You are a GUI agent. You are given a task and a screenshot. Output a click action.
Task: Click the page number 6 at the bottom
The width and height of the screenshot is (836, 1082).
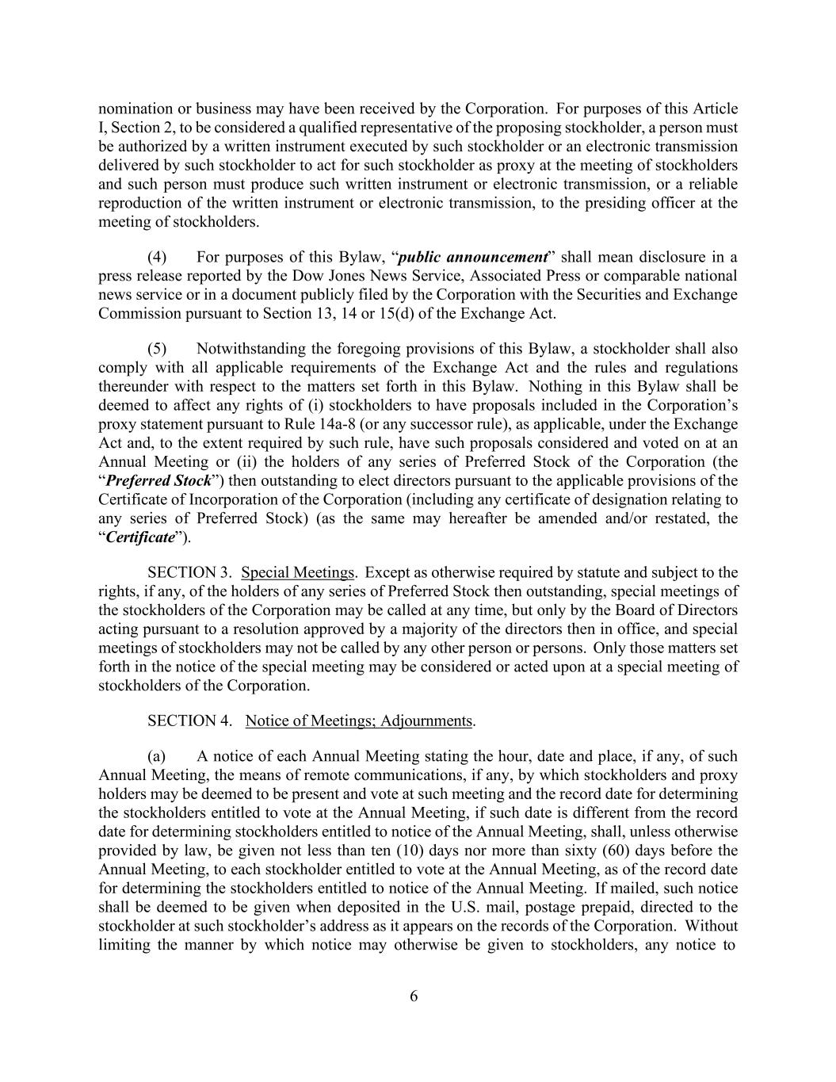click(x=414, y=996)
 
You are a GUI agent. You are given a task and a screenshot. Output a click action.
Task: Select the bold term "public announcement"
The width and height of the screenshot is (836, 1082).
click(x=473, y=257)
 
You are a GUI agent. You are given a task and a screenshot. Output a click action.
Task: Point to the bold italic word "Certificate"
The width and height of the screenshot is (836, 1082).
click(x=139, y=537)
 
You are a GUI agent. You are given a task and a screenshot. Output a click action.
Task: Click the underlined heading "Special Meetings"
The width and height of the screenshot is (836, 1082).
click(x=297, y=572)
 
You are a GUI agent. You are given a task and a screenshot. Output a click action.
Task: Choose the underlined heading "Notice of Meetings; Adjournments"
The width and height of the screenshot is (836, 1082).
click(x=359, y=721)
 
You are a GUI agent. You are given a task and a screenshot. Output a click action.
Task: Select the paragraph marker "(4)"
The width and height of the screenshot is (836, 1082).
click(x=157, y=257)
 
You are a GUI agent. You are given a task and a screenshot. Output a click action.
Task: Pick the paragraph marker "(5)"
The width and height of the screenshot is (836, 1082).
click(x=157, y=349)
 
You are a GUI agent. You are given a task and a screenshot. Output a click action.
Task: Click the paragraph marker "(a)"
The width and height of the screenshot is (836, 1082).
click(x=156, y=756)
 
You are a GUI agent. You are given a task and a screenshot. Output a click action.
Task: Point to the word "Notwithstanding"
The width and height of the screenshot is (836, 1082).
click(x=247, y=349)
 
